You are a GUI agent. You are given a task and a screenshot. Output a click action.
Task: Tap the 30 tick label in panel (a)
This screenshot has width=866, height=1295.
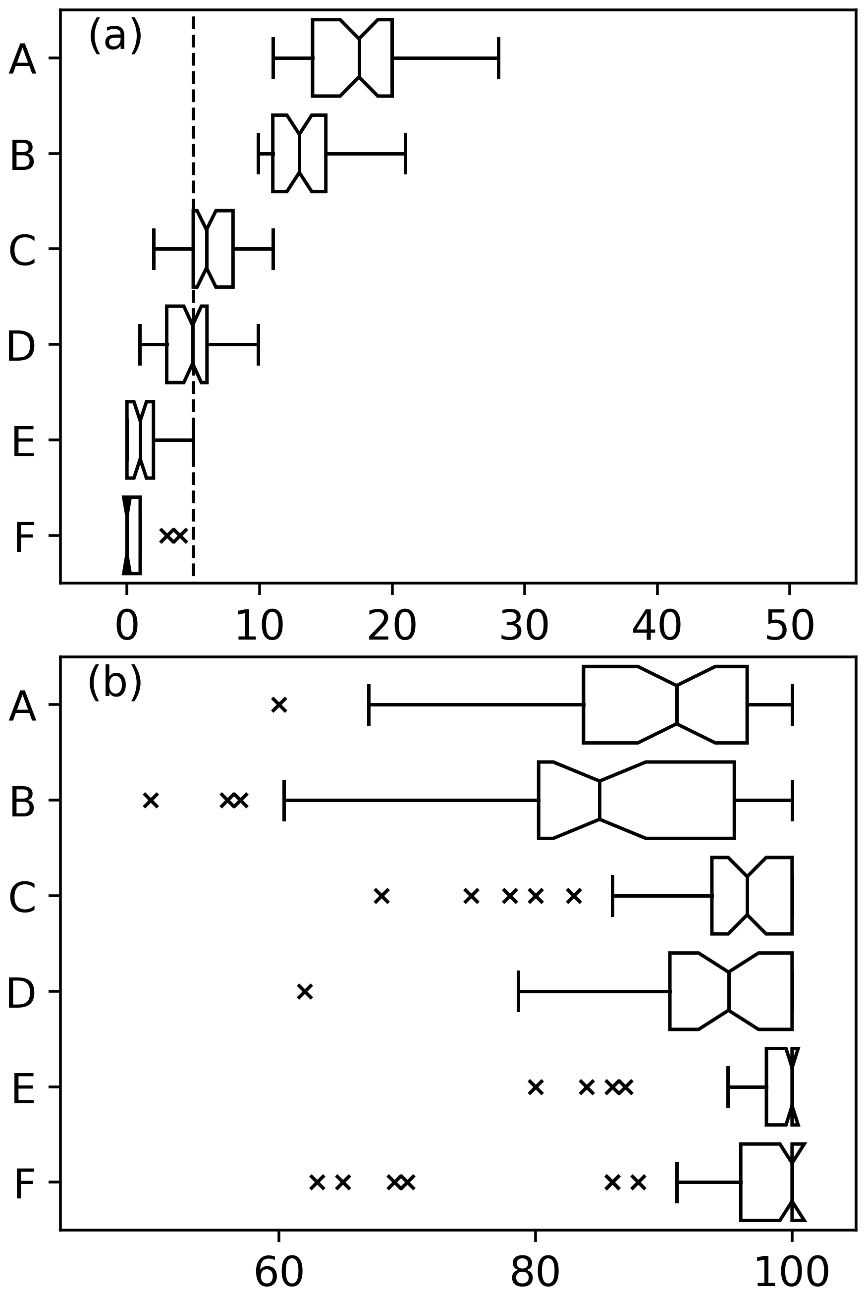(x=524, y=626)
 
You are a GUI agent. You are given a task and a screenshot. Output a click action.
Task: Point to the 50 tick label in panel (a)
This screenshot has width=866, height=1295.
(x=789, y=626)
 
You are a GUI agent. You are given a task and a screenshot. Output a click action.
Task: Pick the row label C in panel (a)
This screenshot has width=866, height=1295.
(x=22, y=251)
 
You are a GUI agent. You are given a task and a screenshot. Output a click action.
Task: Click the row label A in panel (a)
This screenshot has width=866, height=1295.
(x=22, y=59)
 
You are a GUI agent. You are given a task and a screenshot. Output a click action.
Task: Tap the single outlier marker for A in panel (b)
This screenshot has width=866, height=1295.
(x=279, y=704)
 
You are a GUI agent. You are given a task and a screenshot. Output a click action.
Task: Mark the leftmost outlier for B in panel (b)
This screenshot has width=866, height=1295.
(x=151, y=800)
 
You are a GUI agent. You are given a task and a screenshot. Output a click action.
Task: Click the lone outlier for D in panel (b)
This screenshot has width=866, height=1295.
(x=305, y=991)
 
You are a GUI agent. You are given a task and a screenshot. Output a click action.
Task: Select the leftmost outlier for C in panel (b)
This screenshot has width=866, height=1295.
(x=381, y=896)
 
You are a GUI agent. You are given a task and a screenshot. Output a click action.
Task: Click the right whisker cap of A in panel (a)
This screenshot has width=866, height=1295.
(x=499, y=58)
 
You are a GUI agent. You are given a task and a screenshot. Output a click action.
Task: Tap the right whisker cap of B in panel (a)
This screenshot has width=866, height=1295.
(x=405, y=154)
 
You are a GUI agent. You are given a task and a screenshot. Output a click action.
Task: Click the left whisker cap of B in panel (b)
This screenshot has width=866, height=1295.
(x=284, y=800)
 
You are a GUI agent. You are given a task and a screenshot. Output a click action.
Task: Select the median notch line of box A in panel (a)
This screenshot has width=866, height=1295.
(x=359, y=58)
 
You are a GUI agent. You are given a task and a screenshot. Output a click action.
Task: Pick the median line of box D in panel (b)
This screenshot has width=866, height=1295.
(x=728, y=991)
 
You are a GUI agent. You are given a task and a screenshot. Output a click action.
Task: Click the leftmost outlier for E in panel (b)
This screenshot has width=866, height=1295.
(x=535, y=1087)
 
